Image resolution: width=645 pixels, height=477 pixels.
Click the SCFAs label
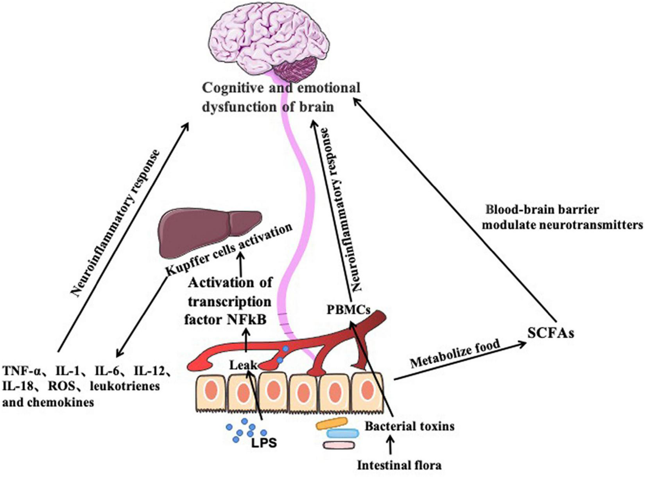(x=551, y=334)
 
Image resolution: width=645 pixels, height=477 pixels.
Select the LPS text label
(x=264, y=443)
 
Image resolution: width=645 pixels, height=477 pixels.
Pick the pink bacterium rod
(x=339, y=445)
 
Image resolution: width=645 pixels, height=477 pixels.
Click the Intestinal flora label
(x=399, y=465)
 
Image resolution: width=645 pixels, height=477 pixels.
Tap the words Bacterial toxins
(x=410, y=427)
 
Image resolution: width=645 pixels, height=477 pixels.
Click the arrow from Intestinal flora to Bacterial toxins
(x=390, y=447)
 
